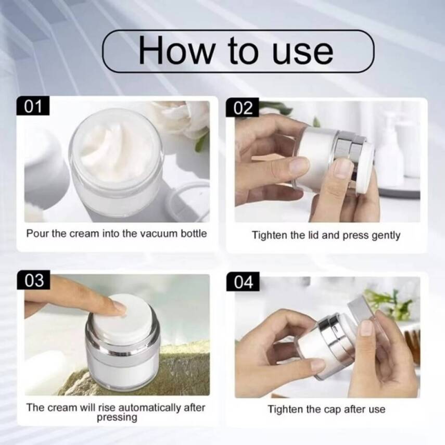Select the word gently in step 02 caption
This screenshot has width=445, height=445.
pos(386,235)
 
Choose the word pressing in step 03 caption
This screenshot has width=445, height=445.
pos(117,417)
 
